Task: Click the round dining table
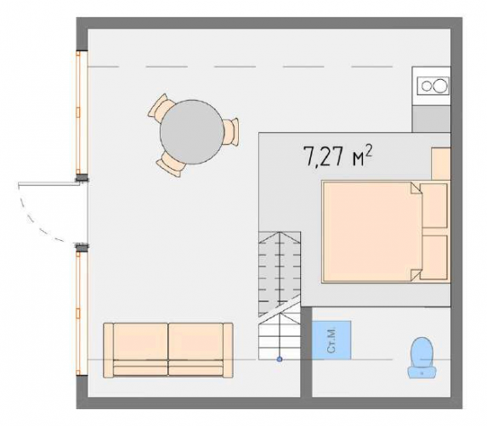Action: pyautogui.click(x=192, y=132)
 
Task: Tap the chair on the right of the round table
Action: pyautogui.click(x=232, y=132)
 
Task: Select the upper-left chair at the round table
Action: pyautogui.click(x=160, y=106)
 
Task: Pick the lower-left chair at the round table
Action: pyautogui.click(x=171, y=165)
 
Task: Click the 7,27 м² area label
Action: pyautogui.click(x=337, y=156)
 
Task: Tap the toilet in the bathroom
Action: pyautogui.click(x=422, y=358)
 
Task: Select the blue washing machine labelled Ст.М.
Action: pyautogui.click(x=331, y=340)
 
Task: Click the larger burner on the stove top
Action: pyautogui.click(x=440, y=86)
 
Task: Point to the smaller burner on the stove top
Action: pyautogui.click(x=426, y=86)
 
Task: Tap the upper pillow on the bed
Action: pyautogui.click(x=433, y=206)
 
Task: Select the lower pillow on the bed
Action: pyautogui.click(x=433, y=257)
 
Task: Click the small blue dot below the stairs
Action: pyautogui.click(x=280, y=359)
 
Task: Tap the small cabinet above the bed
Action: pyautogui.click(x=440, y=164)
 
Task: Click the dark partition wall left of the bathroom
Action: pyautogui.click(x=306, y=351)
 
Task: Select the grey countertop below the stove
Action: pyautogui.click(x=431, y=119)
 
